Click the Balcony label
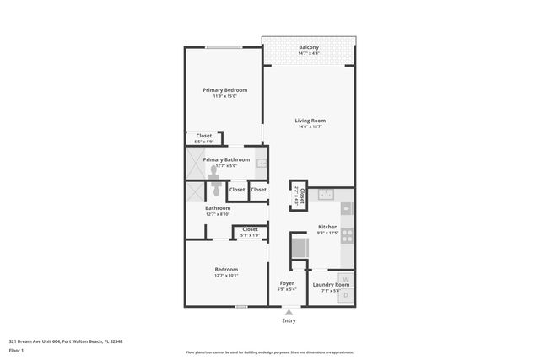point(308,47)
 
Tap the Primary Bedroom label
point(224,89)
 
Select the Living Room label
point(310,121)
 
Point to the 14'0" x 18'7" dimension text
point(310,127)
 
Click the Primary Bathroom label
point(226,159)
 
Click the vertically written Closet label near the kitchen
point(298,196)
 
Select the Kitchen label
point(327,228)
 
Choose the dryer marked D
point(345,296)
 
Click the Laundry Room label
point(331,285)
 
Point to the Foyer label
point(287,284)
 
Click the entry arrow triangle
point(289,311)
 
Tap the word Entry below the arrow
point(289,320)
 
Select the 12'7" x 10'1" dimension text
point(226,276)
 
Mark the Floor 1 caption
point(17,350)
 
